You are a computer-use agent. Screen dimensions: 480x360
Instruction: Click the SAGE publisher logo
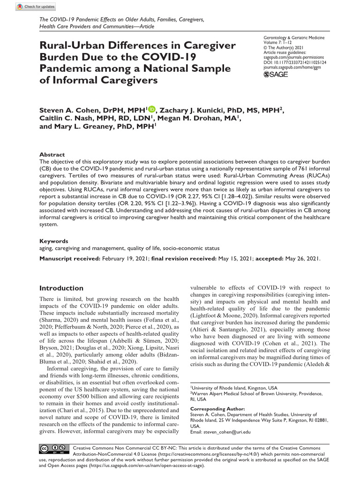pos(276,75)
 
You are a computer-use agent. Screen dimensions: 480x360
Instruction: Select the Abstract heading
pos(52,154)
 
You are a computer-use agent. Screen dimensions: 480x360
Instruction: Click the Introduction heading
pos(61,288)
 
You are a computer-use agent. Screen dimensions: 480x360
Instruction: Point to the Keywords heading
pos(53,241)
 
